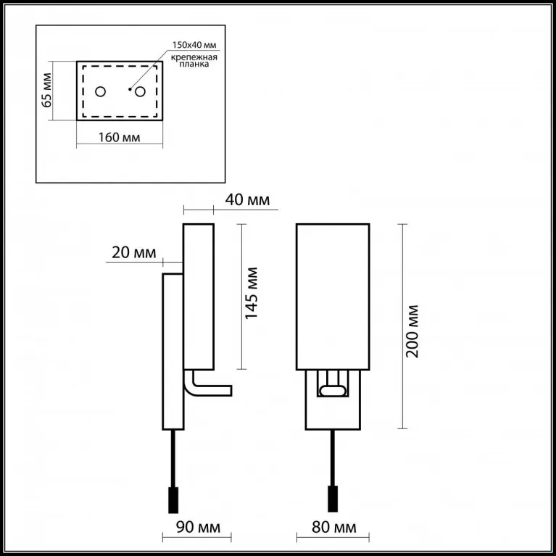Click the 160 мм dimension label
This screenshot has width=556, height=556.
pos(119,137)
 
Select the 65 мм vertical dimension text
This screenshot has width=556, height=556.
pos(47,90)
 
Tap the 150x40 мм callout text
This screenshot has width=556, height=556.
pos(194,45)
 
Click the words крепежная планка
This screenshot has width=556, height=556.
pos(194,61)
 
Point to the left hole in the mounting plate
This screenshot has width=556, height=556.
pos(100,92)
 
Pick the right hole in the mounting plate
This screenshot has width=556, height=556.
pos(140,92)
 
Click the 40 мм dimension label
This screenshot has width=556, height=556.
pos(247,200)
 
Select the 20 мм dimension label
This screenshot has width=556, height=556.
pos(133,253)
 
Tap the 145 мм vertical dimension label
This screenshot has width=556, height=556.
pos(252,294)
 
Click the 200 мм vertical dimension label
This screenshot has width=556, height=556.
pos(412,331)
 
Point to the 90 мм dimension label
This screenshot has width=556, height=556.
pos(198,527)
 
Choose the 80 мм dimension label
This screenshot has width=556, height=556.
pos(334,527)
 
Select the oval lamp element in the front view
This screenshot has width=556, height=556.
pos(333,391)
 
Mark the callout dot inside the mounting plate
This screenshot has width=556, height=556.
pos(130,89)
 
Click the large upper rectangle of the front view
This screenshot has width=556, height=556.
pos(333,297)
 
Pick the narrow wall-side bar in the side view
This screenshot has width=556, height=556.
pos(173,352)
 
